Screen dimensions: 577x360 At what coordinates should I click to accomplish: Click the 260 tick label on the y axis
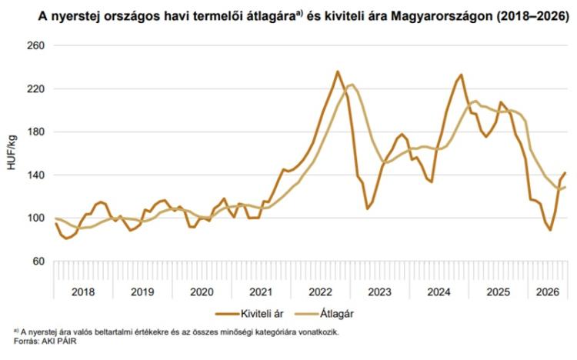pyautogui.click(x=36, y=45)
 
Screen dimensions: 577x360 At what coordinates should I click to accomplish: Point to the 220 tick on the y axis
pyautogui.click(x=36, y=88)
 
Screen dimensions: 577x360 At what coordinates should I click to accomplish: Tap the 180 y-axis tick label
pyautogui.click(x=36, y=132)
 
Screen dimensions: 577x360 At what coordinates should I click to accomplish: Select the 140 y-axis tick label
pyautogui.click(x=36, y=175)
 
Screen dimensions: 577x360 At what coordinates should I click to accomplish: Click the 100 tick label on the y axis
pyautogui.click(x=36, y=218)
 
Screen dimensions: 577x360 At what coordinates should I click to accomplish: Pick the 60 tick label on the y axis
pyautogui.click(x=38, y=261)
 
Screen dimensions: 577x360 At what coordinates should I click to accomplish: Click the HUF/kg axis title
pyautogui.click(x=12, y=152)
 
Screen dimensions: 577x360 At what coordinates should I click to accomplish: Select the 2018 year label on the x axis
pyautogui.click(x=83, y=292)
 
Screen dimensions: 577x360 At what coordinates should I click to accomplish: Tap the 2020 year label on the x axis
pyautogui.click(x=202, y=292)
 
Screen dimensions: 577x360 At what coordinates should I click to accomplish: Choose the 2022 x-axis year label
pyautogui.click(x=321, y=292)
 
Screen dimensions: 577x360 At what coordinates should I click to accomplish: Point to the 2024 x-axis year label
pyautogui.click(x=439, y=292)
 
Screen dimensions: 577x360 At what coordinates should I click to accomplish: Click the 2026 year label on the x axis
pyautogui.click(x=548, y=292)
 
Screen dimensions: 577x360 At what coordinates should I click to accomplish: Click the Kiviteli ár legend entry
pyautogui.click(x=249, y=314)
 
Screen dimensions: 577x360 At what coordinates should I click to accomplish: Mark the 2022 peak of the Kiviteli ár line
pyautogui.click(x=338, y=72)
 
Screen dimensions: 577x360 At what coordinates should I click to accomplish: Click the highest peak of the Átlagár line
pyautogui.click(x=352, y=85)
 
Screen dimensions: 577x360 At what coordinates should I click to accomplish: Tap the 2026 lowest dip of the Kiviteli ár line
pyautogui.click(x=550, y=230)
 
